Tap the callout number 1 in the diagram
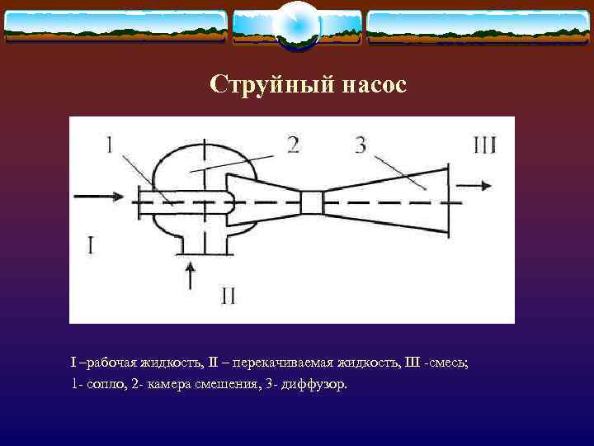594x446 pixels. click(110, 146)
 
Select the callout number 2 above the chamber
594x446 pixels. click(292, 145)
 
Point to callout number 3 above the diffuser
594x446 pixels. click(360, 146)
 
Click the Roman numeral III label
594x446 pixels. click(484, 146)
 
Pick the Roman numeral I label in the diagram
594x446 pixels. click(92, 244)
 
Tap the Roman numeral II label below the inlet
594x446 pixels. click(229, 295)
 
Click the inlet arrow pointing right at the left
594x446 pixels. click(99, 197)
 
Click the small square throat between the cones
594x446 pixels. click(311, 202)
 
